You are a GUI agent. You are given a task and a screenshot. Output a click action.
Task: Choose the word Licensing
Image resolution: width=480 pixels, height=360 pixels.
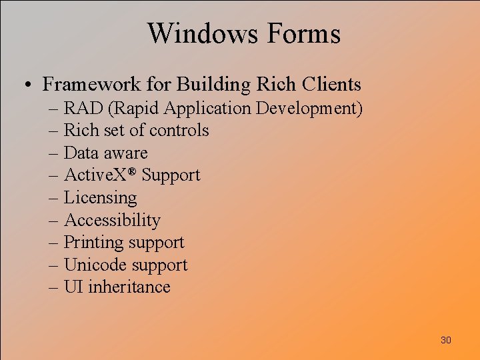(x=100, y=198)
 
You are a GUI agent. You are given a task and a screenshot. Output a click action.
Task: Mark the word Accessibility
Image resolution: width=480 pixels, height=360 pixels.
(x=112, y=220)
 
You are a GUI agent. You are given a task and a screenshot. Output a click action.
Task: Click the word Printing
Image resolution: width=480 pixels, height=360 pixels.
(x=94, y=243)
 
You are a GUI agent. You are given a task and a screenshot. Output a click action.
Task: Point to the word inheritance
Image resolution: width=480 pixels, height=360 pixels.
(x=129, y=287)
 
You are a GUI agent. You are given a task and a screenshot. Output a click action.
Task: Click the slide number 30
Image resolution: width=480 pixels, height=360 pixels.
(x=446, y=340)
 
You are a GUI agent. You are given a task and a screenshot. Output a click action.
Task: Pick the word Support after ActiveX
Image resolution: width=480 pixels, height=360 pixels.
(x=171, y=175)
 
